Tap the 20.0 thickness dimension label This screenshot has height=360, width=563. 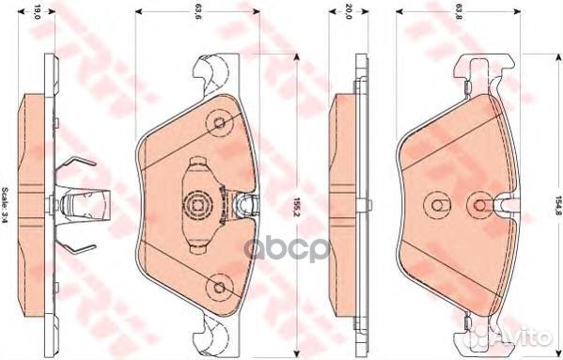347,12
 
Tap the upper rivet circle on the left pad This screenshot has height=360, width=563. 219,122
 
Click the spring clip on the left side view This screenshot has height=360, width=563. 77,202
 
